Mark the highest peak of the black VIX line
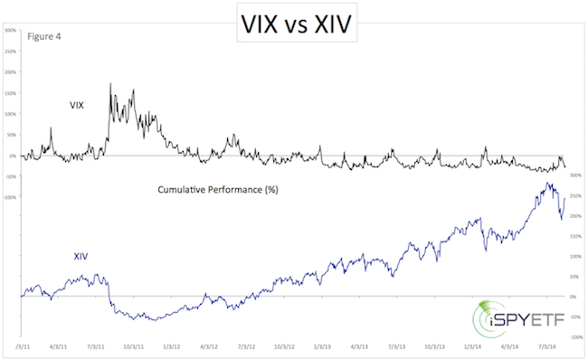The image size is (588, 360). point(110,84)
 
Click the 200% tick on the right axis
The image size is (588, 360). point(575,216)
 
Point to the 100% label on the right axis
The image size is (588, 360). point(575,257)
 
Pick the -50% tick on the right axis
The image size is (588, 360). point(575,317)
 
